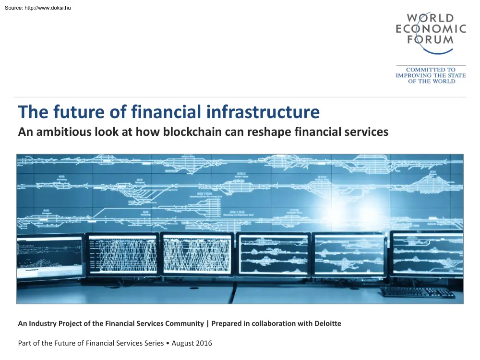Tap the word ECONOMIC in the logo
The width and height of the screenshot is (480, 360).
pyautogui.click(x=431, y=29)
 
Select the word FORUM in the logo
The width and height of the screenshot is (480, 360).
pyautogui.click(x=431, y=39)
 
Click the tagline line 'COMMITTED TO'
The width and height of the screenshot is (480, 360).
pyautogui.click(x=431, y=70)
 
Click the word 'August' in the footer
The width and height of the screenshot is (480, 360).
pyautogui.click(x=181, y=343)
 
